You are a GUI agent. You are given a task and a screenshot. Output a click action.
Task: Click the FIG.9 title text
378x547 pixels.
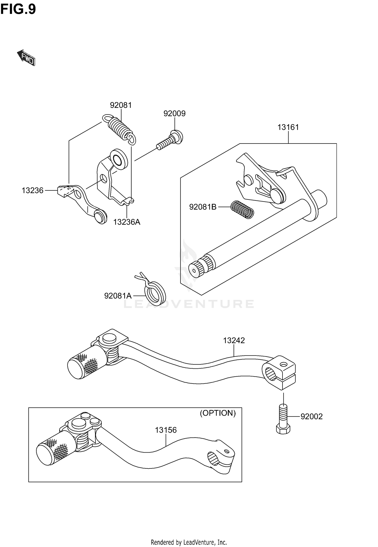pos(18,10)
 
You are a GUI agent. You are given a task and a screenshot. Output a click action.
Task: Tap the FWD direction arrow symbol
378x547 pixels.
pos(26,58)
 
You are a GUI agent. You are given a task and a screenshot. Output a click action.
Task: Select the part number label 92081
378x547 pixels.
pos(121,105)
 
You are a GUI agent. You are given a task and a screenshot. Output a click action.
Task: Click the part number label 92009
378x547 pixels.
pos(174,114)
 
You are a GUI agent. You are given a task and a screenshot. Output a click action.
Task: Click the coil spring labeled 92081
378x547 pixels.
pos(119,129)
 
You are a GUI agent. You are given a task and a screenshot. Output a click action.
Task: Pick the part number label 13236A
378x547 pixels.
pos(127,222)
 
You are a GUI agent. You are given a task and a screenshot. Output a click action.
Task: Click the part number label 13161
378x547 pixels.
pos(288,127)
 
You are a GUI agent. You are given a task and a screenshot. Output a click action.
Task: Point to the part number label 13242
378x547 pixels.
pos(234,340)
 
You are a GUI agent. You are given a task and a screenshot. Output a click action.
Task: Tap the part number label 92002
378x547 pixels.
pos(311,417)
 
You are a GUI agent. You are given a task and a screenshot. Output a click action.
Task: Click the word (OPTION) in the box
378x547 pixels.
pos(218,413)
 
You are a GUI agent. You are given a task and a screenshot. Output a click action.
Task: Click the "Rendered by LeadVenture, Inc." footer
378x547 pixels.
pos(189,542)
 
